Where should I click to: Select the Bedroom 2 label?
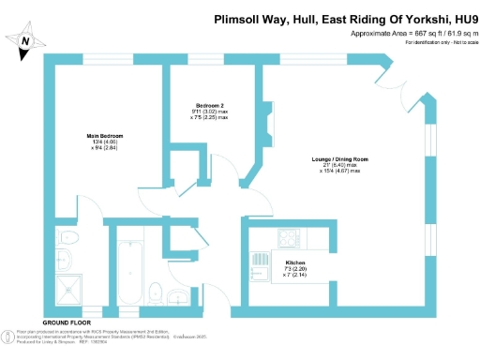click(x=207, y=104)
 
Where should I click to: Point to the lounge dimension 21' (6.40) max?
click(x=340, y=166)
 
